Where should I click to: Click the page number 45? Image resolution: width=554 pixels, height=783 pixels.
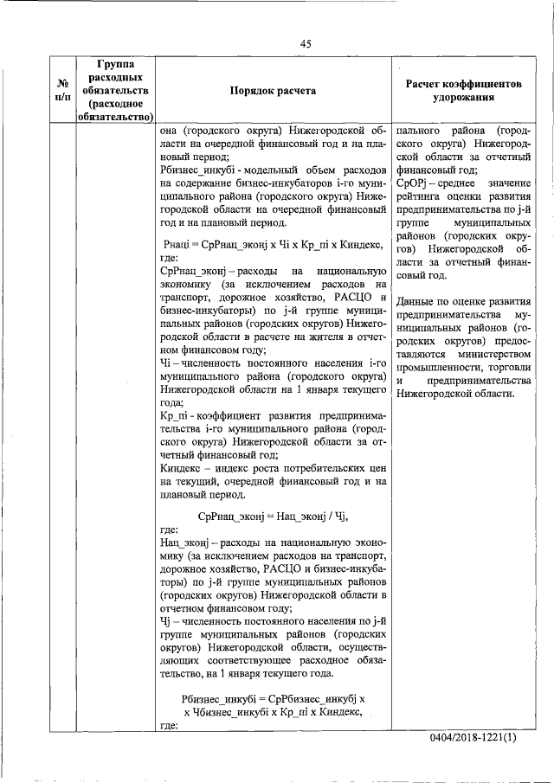point(306,44)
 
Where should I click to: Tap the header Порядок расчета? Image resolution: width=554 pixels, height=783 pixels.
point(273,90)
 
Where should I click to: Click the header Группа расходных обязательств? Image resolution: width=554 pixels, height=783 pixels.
point(114,89)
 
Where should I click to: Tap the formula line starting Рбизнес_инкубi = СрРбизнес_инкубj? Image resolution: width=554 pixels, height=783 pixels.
point(274,697)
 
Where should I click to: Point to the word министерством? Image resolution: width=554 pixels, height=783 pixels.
point(486,355)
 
